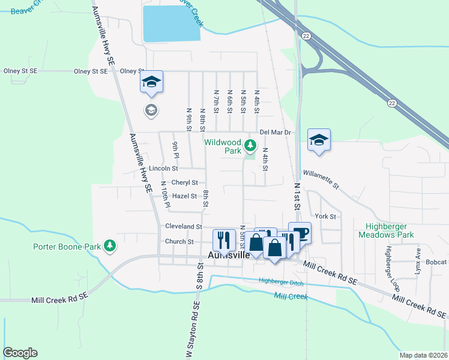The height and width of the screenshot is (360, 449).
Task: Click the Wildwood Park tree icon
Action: (250, 145)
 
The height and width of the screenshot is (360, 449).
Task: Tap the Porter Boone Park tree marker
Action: (109, 246)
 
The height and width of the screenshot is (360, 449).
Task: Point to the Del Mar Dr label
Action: (275, 132)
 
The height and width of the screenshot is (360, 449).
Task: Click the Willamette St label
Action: (321, 178)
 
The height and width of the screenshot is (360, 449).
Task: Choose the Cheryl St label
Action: (184, 182)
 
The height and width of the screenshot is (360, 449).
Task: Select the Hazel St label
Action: (184, 196)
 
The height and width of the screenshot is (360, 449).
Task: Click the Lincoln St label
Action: (164, 169)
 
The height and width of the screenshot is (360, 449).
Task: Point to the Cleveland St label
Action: (184, 227)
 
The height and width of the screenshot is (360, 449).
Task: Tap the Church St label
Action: (179, 242)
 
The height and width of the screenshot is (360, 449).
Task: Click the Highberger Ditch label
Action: (281, 282)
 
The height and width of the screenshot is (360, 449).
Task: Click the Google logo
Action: (20, 353)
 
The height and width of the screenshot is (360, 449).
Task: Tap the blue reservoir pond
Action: (170, 23)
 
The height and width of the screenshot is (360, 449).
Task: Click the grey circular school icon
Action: (150, 110)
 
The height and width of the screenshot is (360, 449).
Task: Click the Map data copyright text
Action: (423, 355)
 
